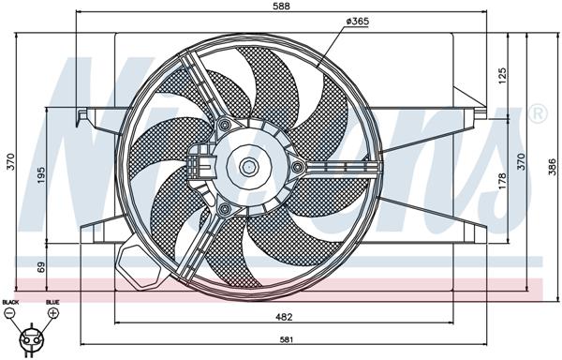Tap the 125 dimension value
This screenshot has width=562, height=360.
coord(501,73)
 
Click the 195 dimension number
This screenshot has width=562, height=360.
coord(42,175)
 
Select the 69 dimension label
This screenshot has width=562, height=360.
coord(42,267)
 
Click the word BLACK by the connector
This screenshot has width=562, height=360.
coord(10,302)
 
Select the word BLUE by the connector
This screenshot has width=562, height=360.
coord(52,302)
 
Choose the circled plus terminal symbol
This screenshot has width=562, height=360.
coord(52,312)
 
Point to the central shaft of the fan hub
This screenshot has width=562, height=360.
coord(248,168)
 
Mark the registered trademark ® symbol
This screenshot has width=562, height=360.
coord(538,114)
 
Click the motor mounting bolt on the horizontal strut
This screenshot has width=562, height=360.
coord(298,168)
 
